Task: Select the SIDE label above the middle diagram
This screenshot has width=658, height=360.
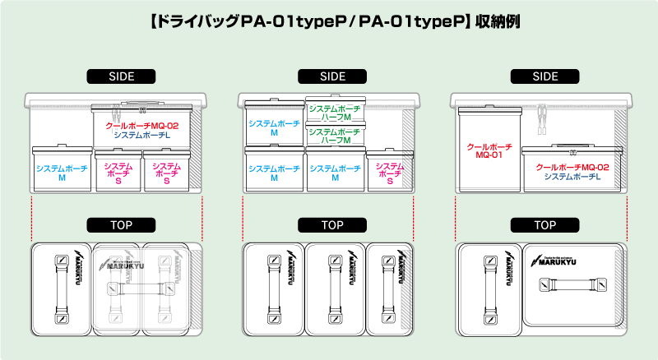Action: point(332,76)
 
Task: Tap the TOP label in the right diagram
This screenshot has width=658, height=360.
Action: point(544,224)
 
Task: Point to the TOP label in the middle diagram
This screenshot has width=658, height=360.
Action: point(332,224)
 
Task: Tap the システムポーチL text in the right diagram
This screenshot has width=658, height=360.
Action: point(572,176)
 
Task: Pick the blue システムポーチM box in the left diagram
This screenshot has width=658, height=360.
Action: point(62,172)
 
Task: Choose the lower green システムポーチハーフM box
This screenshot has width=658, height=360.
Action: point(335,136)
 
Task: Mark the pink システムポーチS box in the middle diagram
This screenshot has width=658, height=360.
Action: point(390,172)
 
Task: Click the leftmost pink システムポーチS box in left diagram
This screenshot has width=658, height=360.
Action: point(118,172)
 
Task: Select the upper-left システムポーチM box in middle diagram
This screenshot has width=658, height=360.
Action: point(274,127)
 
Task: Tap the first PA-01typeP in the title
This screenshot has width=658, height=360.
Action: point(295,19)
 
